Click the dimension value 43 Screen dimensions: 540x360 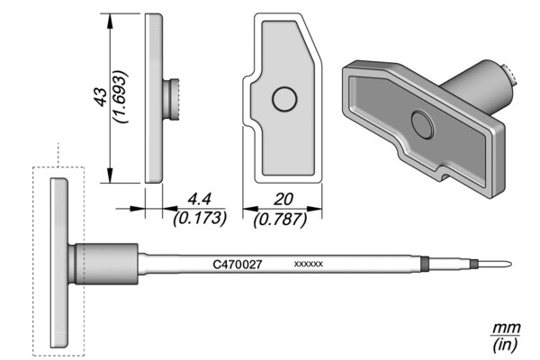tap(100, 96)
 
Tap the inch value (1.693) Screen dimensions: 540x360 tap(121, 97)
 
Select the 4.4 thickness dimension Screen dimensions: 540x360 tap(199, 200)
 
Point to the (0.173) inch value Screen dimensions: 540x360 tap(200, 218)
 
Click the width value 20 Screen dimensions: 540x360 tap(283, 200)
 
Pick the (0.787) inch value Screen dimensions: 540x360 tap(280, 219)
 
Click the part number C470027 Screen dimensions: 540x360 tap(238, 265)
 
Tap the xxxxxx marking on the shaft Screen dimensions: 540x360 tap(308, 265)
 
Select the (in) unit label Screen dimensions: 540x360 tap(506, 345)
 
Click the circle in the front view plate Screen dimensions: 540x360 tap(284, 99)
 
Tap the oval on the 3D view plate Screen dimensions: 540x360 tap(423, 125)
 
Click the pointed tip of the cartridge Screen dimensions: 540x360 tap(510, 265)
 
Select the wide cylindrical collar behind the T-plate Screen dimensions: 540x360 tap(106, 264)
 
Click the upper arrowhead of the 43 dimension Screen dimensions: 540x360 tap(110, 22)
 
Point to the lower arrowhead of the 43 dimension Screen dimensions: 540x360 tap(110, 175)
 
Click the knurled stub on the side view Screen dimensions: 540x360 tap(171, 100)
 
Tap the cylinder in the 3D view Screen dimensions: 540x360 tap(480, 86)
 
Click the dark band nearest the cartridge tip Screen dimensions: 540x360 tap(474, 265)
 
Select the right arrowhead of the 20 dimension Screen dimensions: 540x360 tap(314, 209)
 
